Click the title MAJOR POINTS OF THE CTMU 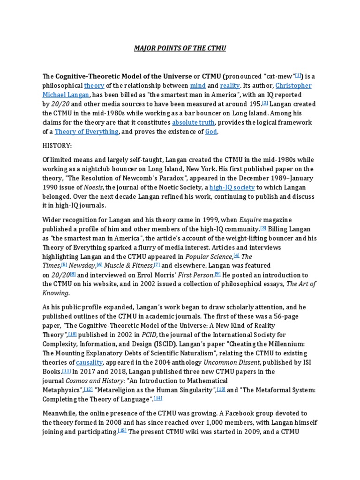[180, 49]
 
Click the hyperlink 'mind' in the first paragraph [197, 86]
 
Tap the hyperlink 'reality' [230, 86]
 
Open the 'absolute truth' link [193, 122]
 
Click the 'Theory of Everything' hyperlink [87, 132]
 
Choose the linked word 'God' [211, 132]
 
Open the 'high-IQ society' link [232, 187]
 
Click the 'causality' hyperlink [89, 362]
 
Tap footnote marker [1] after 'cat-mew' [299, 75]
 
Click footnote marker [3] [263, 228]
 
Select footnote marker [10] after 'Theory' [72, 334]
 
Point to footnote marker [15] [122, 431]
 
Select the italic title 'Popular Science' [209, 256]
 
